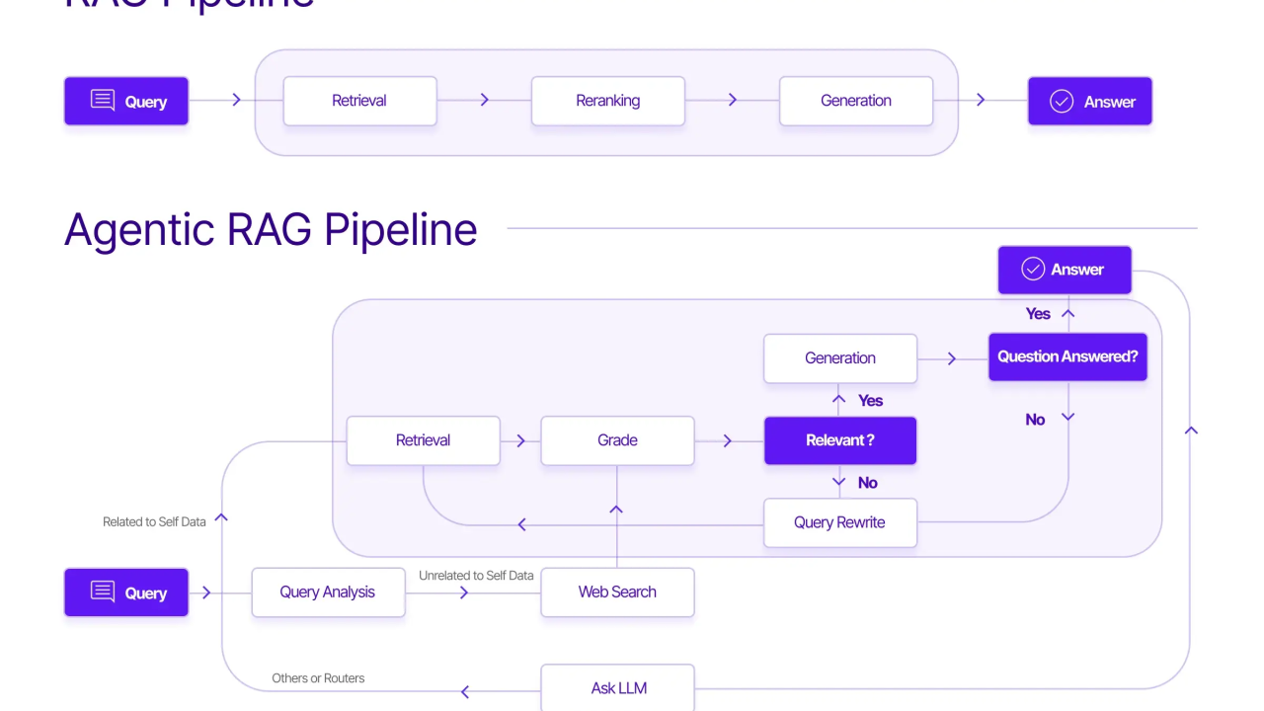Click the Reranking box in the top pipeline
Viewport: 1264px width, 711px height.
click(x=607, y=101)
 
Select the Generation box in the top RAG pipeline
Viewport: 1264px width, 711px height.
click(x=855, y=101)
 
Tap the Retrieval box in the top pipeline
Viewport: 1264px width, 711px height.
click(x=359, y=101)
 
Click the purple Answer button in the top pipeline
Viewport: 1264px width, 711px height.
click(x=1089, y=101)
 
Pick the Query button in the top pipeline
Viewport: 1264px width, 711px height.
click(x=126, y=101)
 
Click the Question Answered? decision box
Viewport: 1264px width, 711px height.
click(x=1067, y=356)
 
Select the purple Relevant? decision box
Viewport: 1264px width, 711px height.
click(x=839, y=440)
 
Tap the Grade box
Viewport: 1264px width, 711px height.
click(x=617, y=440)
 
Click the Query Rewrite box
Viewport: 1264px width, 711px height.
click(x=839, y=522)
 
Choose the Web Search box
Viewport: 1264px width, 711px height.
click(x=617, y=592)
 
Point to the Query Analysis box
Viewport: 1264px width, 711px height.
click(x=328, y=592)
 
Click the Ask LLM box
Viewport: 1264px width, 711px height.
click(x=618, y=688)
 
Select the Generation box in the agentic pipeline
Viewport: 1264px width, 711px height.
click(x=839, y=358)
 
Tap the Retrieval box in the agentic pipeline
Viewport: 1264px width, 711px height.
click(x=423, y=440)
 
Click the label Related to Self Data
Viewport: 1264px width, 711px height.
click(x=154, y=521)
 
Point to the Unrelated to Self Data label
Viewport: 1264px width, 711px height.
click(x=476, y=575)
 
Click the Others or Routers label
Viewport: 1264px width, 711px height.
click(x=318, y=678)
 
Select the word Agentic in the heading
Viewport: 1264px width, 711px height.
click(x=139, y=230)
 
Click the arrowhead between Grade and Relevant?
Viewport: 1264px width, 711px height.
click(x=728, y=440)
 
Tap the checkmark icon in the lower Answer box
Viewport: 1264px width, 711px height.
click(x=1033, y=270)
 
